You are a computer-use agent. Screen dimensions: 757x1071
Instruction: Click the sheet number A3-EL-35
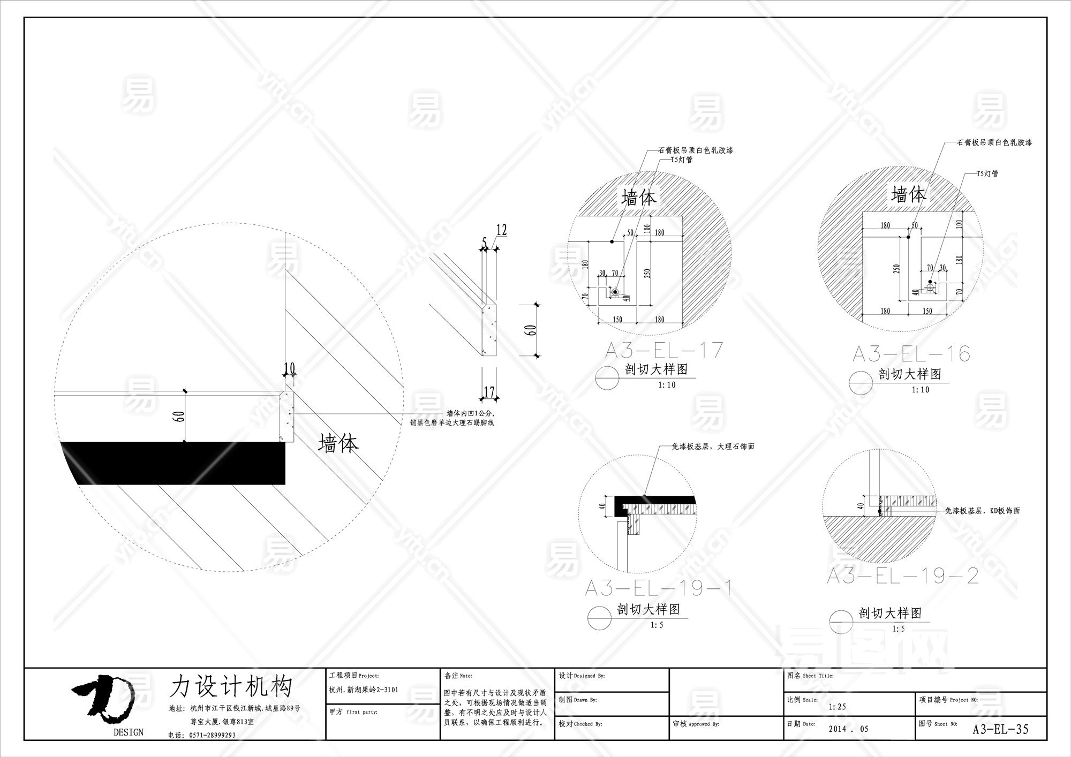click(x=1000, y=729)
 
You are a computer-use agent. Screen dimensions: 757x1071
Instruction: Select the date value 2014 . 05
click(x=848, y=729)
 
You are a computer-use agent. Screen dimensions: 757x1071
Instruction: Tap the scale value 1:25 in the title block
click(x=837, y=707)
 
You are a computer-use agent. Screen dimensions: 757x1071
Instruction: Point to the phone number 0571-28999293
click(x=212, y=735)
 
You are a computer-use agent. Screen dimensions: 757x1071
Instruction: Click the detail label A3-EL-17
click(x=664, y=351)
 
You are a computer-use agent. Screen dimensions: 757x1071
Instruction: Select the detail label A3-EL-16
click(x=911, y=354)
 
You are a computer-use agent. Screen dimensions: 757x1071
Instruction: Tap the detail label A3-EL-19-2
click(x=903, y=576)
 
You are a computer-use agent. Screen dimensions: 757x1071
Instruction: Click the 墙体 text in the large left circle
click(x=338, y=443)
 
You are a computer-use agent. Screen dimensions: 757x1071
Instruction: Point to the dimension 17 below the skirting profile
click(x=489, y=392)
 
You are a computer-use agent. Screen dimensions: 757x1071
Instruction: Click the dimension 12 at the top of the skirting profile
click(x=501, y=230)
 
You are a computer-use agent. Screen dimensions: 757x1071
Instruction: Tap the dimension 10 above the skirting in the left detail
click(x=290, y=368)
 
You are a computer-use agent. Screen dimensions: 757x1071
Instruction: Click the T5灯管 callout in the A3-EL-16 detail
click(x=987, y=174)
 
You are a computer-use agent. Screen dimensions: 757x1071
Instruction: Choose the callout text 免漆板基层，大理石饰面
click(x=713, y=446)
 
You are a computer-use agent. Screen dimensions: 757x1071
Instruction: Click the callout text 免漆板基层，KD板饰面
click(x=982, y=511)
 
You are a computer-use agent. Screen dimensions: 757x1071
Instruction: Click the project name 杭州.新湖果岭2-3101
click(x=364, y=690)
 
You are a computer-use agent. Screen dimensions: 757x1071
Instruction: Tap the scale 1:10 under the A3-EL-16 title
click(x=921, y=390)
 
